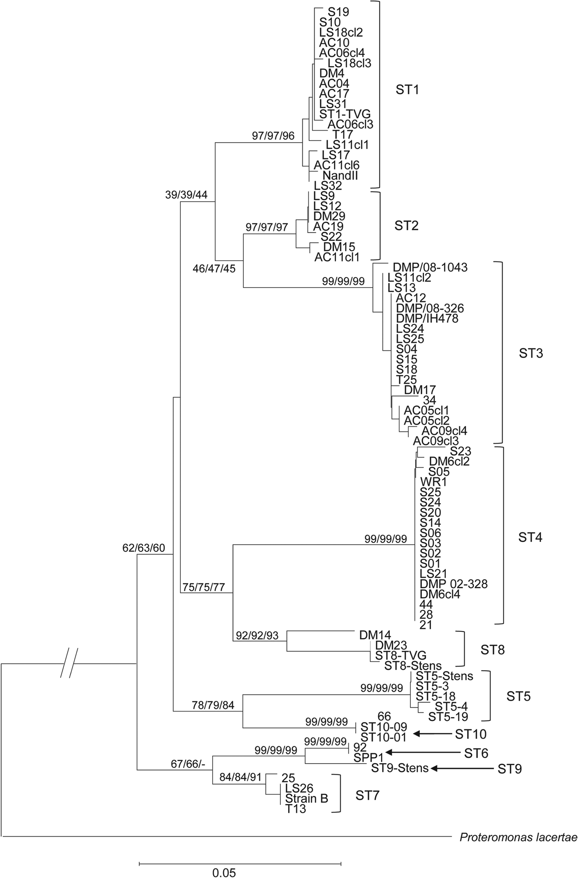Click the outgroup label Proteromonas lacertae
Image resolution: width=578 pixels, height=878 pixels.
click(x=518, y=837)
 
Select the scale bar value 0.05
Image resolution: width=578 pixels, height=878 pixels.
click(x=224, y=872)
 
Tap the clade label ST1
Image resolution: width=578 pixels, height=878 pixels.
click(x=407, y=90)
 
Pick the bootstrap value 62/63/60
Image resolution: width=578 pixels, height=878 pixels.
click(x=144, y=548)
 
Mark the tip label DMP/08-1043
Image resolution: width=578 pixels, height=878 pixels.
click(x=430, y=267)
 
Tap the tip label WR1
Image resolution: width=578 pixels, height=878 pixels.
click(x=433, y=482)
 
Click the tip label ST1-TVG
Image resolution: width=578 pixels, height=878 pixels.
click(x=345, y=114)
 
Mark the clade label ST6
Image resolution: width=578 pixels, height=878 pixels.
click(x=476, y=753)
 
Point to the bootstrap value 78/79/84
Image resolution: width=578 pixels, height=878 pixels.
click(x=213, y=705)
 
